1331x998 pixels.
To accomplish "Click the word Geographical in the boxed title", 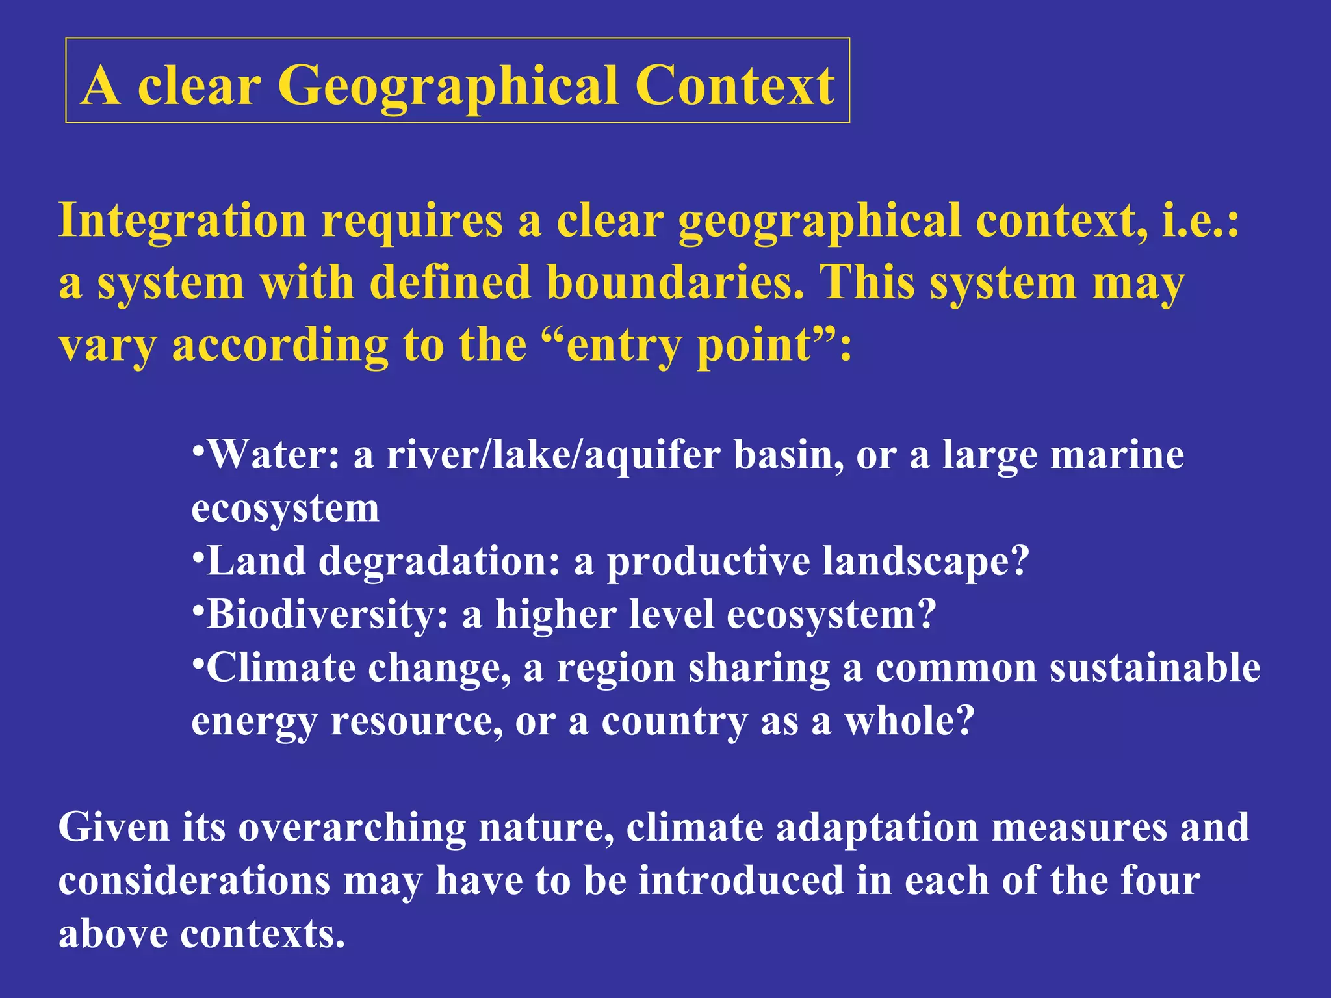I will pyautogui.click(x=448, y=86).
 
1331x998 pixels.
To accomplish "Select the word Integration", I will pyautogui.click(x=182, y=221).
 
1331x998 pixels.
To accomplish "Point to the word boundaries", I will pyautogui.click(x=675, y=283).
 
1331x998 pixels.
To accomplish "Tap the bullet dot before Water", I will pyautogui.click(x=198, y=448).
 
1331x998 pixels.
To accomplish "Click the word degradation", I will pyautogui.click(x=439, y=561).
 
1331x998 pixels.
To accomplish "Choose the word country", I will pyautogui.click(x=674, y=722).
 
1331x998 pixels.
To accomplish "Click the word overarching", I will pyautogui.click(x=352, y=828).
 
